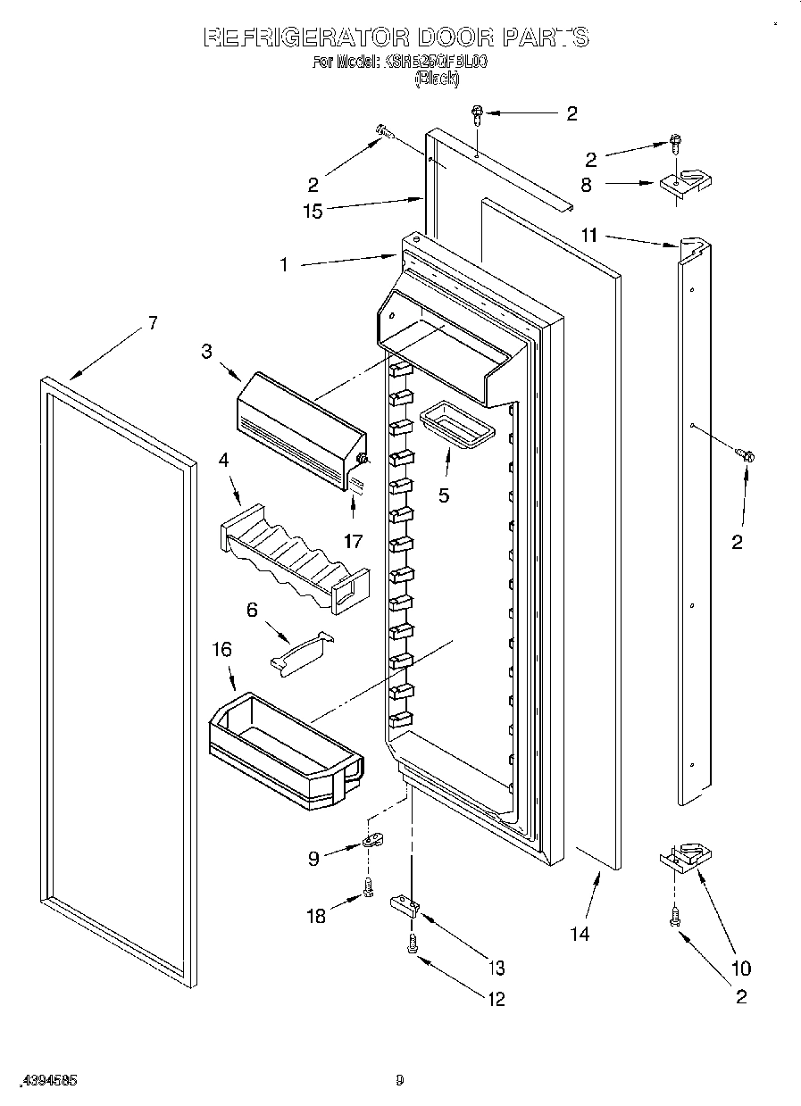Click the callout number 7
pos(153,323)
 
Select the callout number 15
pos(312,212)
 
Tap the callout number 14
pos(580,934)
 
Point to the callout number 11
pos(588,237)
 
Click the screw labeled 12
pos(413,944)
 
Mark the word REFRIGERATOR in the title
pos(305,37)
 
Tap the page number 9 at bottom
pos(400,1080)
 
